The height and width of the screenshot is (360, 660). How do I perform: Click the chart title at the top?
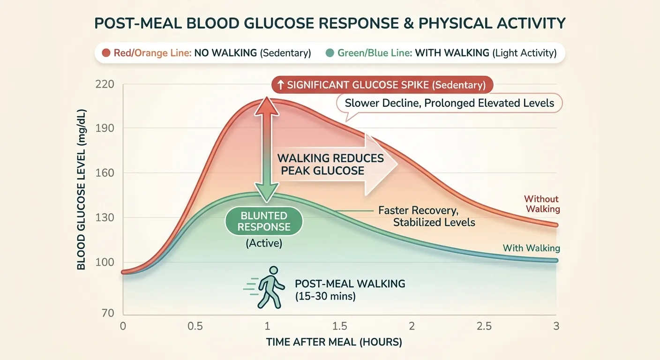pyautogui.click(x=330, y=23)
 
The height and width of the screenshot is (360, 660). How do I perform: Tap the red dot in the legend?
pyautogui.click(x=106, y=53)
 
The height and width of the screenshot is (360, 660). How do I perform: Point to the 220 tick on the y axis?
pyautogui.click(x=105, y=85)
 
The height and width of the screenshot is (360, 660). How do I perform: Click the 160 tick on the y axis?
pyautogui.click(x=105, y=173)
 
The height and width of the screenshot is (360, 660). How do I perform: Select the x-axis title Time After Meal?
pyautogui.click(x=334, y=343)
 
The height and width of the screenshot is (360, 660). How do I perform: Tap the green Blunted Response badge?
pyautogui.click(x=264, y=221)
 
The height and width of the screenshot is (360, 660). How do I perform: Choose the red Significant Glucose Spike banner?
pyautogui.click(x=382, y=85)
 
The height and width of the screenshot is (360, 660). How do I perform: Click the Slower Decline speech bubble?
pyautogui.click(x=449, y=103)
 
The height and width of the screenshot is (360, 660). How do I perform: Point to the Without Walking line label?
pyautogui.click(x=541, y=204)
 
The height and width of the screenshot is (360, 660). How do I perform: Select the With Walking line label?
pyautogui.click(x=531, y=248)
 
